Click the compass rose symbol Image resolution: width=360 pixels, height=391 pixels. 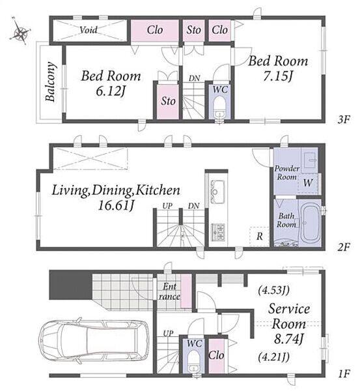pos(20,32)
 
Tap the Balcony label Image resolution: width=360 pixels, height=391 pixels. pos(51,81)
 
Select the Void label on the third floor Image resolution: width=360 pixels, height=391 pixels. pos(89,30)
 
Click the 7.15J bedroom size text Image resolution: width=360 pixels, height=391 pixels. pos(278,76)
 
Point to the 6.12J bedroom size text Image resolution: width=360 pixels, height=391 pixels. pos(111,91)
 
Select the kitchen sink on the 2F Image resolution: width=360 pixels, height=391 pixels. pos(218,191)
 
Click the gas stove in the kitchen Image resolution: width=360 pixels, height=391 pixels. pos(218,232)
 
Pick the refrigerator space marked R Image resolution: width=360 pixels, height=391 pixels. pos(259,237)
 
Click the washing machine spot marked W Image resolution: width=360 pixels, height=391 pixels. pos(308,182)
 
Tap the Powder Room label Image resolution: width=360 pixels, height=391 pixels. pos(286,173)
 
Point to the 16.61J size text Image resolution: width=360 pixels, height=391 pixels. pos(117,206)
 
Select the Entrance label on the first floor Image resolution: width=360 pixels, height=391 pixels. pos(169,291)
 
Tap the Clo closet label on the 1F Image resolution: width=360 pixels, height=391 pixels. pos(216,355)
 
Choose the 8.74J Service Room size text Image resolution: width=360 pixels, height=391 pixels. pos(288,339)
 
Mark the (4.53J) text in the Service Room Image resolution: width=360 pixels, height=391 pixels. pos(273,290)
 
